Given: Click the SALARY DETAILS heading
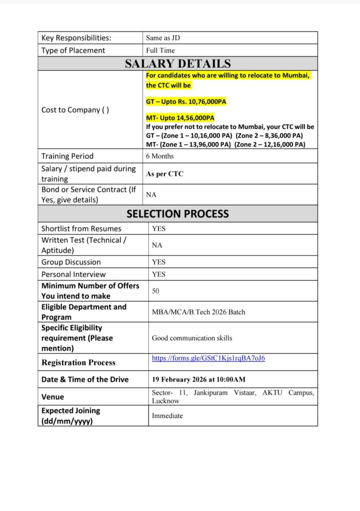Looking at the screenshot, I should tap(178, 64).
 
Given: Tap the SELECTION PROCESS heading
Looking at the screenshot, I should tap(178, 214).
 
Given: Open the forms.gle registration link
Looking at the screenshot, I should tap(208, 358).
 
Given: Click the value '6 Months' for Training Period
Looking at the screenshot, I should tap(160, 156).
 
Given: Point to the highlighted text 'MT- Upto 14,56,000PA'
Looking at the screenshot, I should tap(180, 118).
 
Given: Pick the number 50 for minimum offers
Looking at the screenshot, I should tap(156, 290).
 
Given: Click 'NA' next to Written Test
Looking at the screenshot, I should tap(157, 246).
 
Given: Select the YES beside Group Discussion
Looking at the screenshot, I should tap(159, 262).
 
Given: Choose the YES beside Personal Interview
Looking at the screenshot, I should tap(159, 274).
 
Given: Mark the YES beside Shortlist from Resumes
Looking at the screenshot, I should tap(159, 229).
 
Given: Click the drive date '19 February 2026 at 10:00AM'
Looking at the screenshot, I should tap(198, 380).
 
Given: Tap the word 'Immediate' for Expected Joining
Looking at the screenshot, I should tap(167, 416).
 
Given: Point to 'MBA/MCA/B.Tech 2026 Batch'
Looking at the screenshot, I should tap(198, 312).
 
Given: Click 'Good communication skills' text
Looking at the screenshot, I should tap(192, 338).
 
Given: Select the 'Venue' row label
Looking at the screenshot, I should tap(53, 397).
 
